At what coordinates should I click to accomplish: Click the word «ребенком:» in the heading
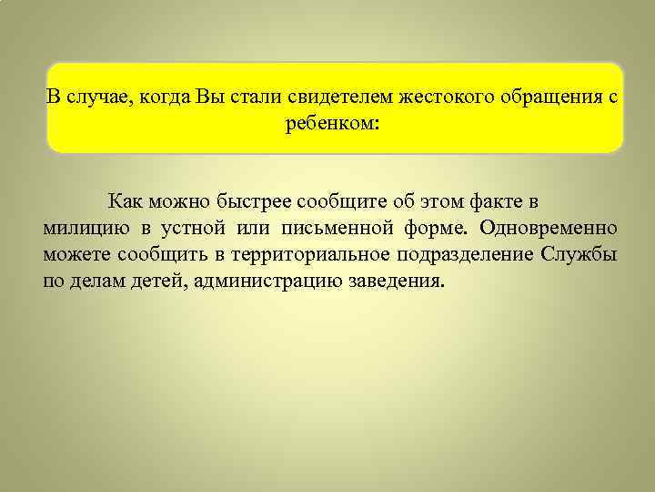334,124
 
